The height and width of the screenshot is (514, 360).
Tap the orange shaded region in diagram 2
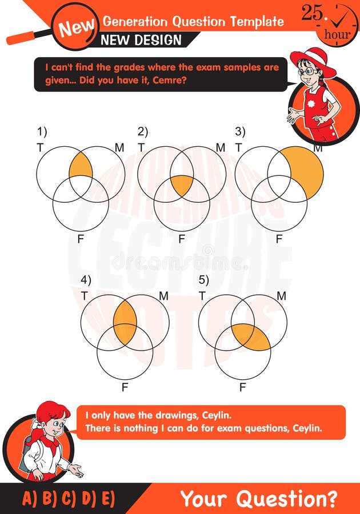(182, 185)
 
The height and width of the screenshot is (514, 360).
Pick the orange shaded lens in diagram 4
(125, 321)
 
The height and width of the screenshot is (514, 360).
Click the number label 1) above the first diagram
(42, 131)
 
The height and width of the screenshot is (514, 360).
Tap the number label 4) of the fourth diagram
(86, 280)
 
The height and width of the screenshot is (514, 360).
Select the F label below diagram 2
(182, 239)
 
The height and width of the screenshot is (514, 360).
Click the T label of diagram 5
(202, 295)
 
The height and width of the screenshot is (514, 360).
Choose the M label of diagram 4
(163, 296)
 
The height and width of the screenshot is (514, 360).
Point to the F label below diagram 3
(279, 239)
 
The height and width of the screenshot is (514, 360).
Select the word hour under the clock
(337, 34)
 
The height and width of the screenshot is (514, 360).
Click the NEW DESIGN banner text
(141, 41)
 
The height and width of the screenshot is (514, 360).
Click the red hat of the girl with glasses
(313, 60)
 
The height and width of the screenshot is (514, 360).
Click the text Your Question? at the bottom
(258, 499)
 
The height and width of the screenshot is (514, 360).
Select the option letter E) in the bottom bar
(106, 499)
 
